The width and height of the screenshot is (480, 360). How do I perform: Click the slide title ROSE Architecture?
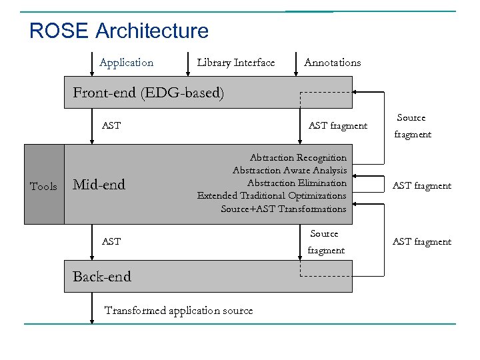tap(119, 31)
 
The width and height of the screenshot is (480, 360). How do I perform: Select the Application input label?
tap(126, 63)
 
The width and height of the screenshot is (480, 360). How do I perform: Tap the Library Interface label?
tap(235, 63)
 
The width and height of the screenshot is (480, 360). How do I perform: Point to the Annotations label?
tap(332, 63)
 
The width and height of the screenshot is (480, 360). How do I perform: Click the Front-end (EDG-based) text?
tap(148, 93)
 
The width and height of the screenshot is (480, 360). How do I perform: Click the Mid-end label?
tap(99, 185)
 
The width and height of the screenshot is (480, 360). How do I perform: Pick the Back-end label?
tap(101, 277)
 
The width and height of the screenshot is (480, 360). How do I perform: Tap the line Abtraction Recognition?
tap(298, 158)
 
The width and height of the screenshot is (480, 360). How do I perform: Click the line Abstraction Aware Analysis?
tap(289, 171)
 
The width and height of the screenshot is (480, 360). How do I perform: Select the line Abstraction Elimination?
tap(297, 183)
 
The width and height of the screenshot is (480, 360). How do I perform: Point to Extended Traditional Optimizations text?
tap(271, 196)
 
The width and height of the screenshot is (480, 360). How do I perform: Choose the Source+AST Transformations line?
tap(283, 209)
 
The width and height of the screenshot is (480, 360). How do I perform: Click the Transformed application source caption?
tap(179, 311)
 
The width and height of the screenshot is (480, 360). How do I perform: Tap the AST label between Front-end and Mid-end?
tap(111, 125)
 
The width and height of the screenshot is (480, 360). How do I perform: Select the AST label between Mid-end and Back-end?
tap(111, 241)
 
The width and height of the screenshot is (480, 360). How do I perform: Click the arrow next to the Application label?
tap(93, 65)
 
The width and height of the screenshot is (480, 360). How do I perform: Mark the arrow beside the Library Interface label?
tap(189, 65)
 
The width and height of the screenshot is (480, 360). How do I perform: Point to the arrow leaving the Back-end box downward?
tap(93, 307)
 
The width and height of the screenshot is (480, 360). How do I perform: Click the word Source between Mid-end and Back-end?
tap(324, 234)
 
